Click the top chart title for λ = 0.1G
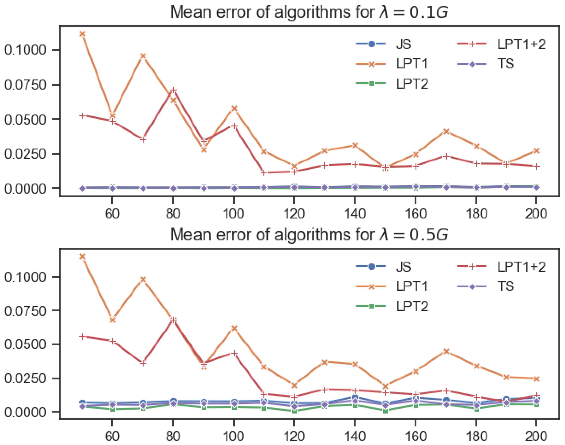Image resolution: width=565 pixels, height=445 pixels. pyautogui.click(x=309, y=12)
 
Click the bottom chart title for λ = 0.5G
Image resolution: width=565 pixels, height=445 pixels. pyautogui.click(x=309, y=235)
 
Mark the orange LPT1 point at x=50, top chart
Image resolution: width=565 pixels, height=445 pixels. pyautogui.click(x=82, y=34)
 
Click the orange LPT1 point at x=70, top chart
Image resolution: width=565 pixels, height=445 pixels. pyautogui.click(x=143, y=56)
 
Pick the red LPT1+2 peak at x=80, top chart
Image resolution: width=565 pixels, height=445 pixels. pyautogui.click(x=173, y=90)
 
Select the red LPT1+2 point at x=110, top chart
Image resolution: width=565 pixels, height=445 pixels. pyautogui.click(x=264, y=173)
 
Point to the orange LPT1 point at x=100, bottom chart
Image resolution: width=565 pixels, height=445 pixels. pyautogui.click(x=234, y=328)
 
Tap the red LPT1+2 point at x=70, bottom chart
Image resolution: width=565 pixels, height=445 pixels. pyautogui.click(x=143, y=363)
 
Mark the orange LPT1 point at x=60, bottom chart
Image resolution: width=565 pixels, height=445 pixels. pyautogui.click(x=112, y=320)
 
